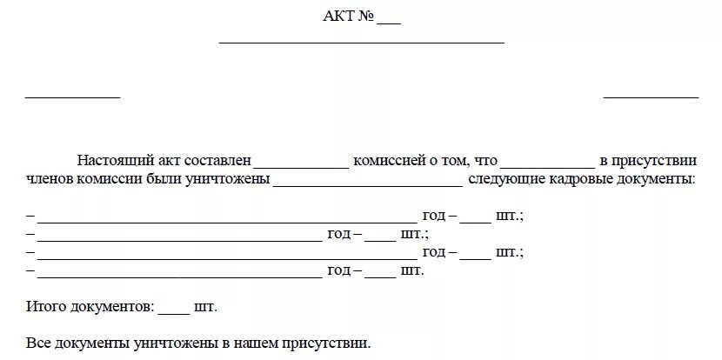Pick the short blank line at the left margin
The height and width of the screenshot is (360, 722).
[72, 97]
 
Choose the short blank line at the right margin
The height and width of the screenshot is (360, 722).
[651, 97]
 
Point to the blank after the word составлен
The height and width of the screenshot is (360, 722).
[301, 165]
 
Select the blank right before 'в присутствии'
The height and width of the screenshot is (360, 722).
[547, 165]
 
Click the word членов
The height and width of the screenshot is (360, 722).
[50, 180]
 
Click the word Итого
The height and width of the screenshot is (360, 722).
[45, 307]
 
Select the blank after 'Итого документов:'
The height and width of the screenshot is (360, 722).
[174, 311]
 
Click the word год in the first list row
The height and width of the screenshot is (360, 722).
[434, 215]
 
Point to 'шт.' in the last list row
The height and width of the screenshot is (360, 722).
[412, 270]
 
